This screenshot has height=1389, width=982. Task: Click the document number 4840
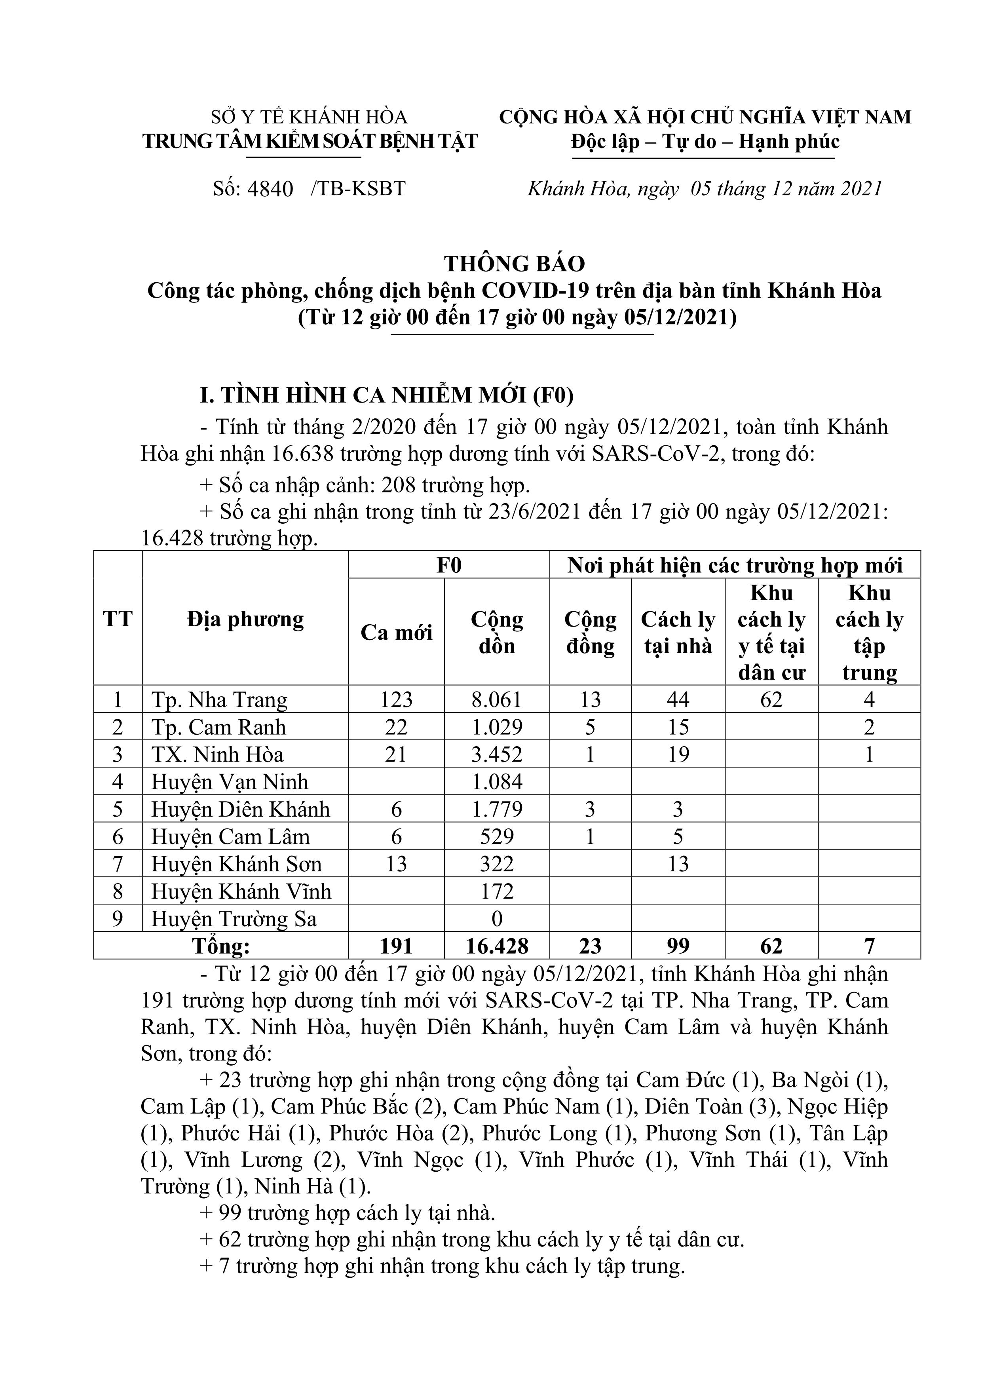click(x=270, y=189)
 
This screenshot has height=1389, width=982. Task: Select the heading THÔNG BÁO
click(x=515, y=264)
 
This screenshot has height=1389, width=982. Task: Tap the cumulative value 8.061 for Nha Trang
click(x=497, y=700)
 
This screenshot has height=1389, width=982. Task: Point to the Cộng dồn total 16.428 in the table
click(x=497, y=946)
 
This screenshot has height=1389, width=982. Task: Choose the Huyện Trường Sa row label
click(x=234, y=919)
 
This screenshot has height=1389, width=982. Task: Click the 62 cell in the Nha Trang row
click(x=771, y=700)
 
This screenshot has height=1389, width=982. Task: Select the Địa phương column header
click(x=245, y=619)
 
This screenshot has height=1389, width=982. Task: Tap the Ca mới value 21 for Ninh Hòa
click(x=396, y=755)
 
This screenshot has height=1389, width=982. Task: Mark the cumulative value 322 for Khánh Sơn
click(x=497, y=864)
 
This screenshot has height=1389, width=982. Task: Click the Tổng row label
click(x=221, y=946)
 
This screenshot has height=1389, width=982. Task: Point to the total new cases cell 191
click(x=396, y=946)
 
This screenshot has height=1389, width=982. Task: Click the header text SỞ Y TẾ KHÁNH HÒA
click(x=309, y=117)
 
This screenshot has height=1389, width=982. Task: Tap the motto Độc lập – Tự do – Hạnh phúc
click(x=705, y=142)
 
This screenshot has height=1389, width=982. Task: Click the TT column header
click(x=118, y=619)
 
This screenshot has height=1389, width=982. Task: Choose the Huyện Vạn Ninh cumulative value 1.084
click(x=497, y=782)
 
